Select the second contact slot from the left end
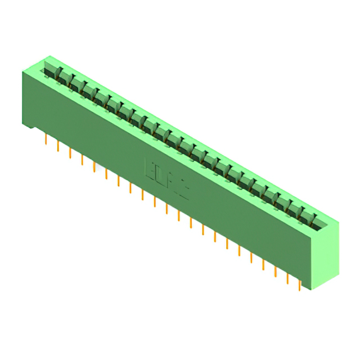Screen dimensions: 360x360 point(64,77)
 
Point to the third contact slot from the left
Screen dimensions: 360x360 point(76,84)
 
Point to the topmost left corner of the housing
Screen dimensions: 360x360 point(49,56)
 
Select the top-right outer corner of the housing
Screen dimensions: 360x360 point(339,221)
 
